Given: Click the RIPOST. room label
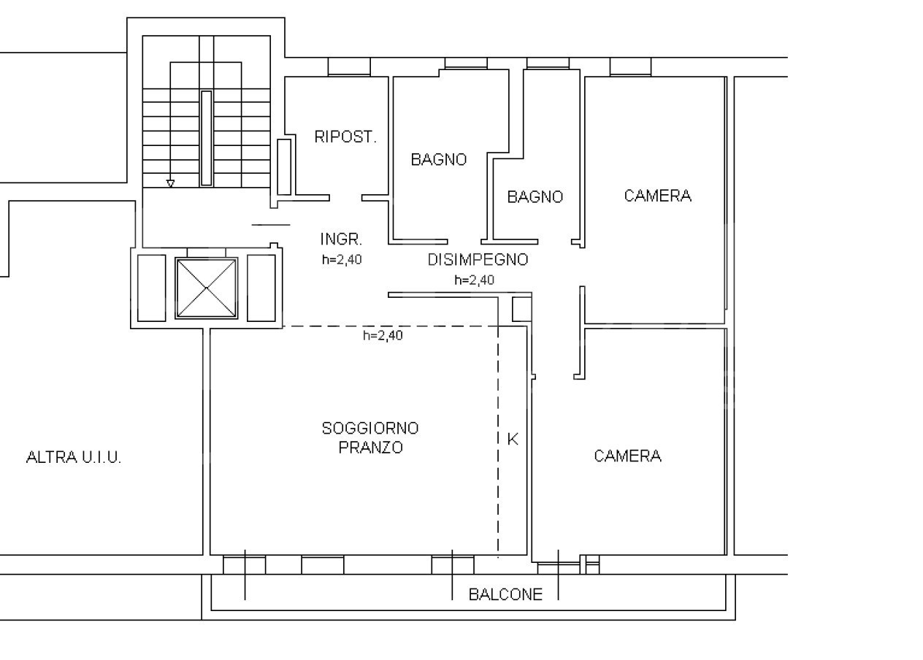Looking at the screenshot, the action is [x=345, y=137].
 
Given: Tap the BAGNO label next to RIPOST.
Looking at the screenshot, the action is [x=439, y=159].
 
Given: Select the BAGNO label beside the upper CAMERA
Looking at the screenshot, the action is [x=535, y=197].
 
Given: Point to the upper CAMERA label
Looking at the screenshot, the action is [x=658, y=196].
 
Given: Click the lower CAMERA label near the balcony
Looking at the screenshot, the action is [x=627, y=456].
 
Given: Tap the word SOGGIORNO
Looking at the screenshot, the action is [x=370, y=429].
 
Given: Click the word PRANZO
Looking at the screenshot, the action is [x=370, y=448].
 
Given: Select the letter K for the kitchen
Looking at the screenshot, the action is [x=513, y=440].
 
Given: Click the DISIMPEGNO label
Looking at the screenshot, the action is [x=478, y=260].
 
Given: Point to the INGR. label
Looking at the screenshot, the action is [x=341, y=239].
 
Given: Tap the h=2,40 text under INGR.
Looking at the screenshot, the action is [x=342, y=260].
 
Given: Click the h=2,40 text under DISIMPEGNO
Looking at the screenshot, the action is [x=474, y=280].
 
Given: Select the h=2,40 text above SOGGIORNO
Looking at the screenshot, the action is [x=383, y=335].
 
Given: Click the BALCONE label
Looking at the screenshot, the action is [x=505, y=594].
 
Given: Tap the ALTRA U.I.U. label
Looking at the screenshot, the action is [x=74, y=457].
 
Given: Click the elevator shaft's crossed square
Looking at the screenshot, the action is [x=207, y=288].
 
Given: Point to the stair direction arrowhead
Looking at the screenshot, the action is [x=170, y=184].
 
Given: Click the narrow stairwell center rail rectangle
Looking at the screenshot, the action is [x=207, y=139].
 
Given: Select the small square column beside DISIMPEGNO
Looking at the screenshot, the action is [x=522, y=309].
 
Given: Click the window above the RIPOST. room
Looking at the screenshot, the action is [x=349, y=66].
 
